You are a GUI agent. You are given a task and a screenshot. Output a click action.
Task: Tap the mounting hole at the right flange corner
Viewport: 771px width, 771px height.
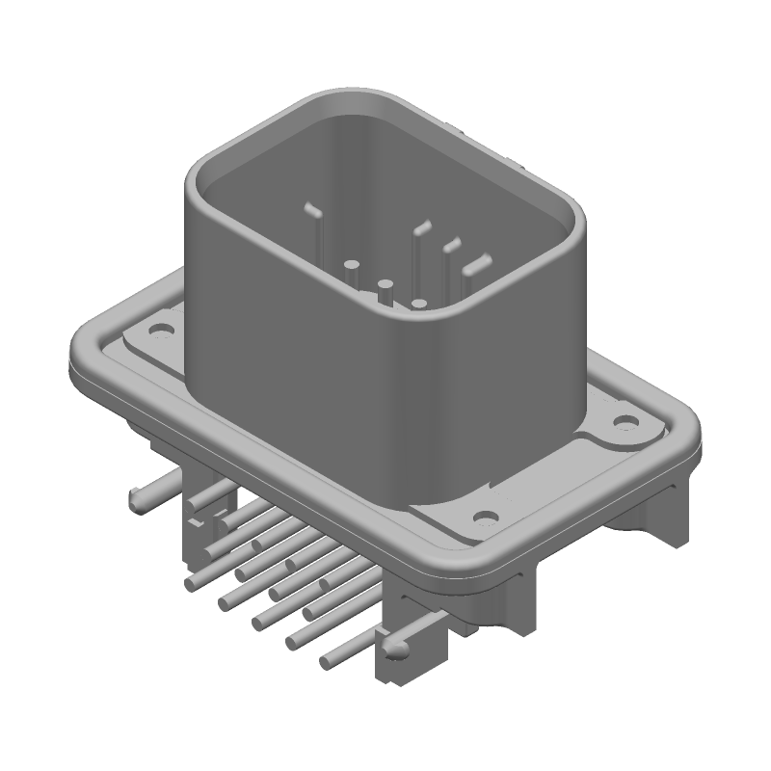(x=625, y=421)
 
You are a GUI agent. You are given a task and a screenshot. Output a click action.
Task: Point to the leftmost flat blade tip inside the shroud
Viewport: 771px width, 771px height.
(x=310, y=207)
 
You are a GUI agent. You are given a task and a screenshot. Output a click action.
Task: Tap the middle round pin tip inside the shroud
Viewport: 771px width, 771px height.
(x=385, y=285)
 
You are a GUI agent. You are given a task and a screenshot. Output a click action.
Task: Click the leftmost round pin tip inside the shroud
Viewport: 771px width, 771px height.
(x=352, y=263)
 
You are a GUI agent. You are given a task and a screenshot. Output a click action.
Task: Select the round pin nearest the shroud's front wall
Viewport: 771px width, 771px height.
(x=419, y=304)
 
